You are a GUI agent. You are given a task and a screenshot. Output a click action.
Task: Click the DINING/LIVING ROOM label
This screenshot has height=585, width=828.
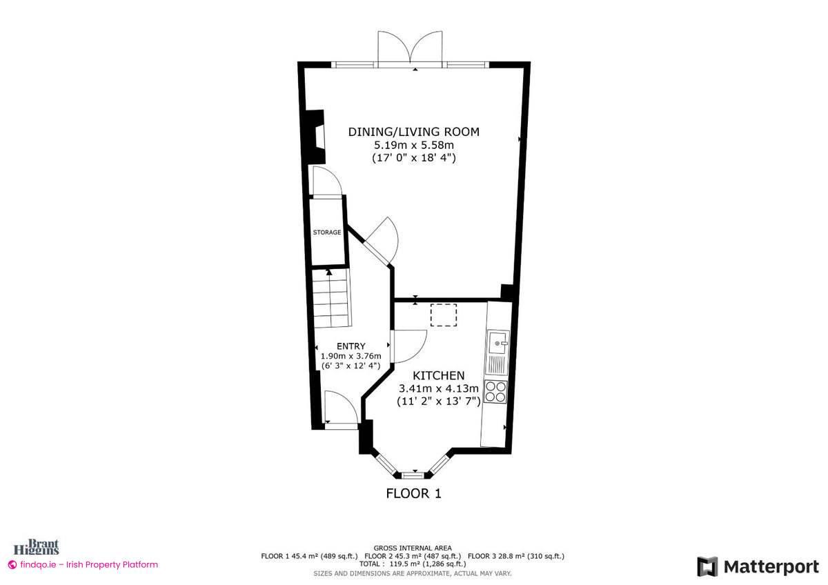coord(413,132)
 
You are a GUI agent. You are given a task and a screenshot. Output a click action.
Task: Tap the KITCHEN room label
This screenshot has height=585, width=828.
coord(438,376)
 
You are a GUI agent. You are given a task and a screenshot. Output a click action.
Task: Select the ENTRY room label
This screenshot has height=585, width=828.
coord(351,346)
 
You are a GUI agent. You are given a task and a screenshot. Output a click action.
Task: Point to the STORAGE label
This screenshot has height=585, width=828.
coord(326,232)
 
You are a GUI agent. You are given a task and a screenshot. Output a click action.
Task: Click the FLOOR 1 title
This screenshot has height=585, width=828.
coord(413,493)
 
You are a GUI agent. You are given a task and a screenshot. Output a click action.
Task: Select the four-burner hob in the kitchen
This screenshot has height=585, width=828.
coord(495,391)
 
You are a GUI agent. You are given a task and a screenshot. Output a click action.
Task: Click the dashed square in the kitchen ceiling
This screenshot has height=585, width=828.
coord(444,315)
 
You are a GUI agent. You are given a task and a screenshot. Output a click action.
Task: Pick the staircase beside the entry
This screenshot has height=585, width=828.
coord(330,298)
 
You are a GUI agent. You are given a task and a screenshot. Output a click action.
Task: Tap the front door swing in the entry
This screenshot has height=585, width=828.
coord(341,408)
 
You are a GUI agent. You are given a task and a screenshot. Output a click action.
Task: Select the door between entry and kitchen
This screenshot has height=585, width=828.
coord(408,345)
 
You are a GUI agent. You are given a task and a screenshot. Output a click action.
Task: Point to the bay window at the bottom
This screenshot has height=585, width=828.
coord(413,474)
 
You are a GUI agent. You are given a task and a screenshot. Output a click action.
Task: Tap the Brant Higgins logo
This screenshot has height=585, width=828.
coord(43,548)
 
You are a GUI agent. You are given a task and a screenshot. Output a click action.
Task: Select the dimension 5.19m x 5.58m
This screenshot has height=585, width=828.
coord(413,145)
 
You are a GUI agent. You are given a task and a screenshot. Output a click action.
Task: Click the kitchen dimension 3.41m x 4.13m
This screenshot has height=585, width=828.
coord(438,388)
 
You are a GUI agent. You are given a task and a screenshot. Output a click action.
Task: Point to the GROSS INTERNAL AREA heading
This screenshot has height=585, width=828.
coord(413,547)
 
